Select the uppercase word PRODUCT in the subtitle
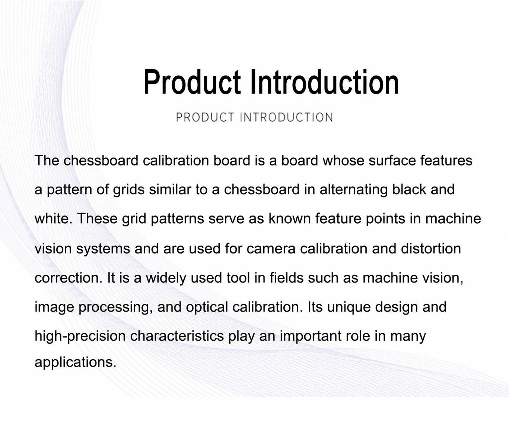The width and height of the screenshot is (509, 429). pos(205,117)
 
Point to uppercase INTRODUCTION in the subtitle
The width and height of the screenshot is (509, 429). pos(287,117)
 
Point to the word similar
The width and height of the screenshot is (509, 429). pos(170,190)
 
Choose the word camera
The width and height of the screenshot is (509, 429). pos(271,249)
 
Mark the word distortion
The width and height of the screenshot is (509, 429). pos(431,249)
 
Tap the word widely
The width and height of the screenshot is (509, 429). pos(166,278)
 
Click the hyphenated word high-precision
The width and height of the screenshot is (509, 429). pos(80,336)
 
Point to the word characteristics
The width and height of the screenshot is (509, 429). pos(177,336)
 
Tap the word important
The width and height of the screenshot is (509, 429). pos(311,336)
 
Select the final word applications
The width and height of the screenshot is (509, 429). pos(76,362)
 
